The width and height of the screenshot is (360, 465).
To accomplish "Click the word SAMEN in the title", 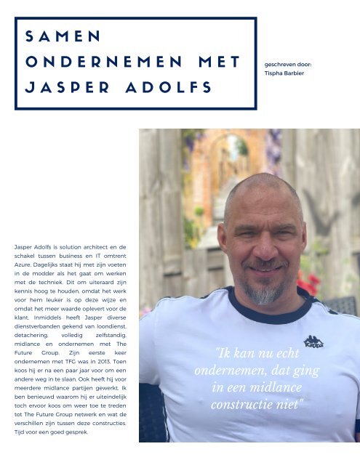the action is pos(62,36).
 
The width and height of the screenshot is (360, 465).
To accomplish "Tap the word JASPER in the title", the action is pos(67,88).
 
